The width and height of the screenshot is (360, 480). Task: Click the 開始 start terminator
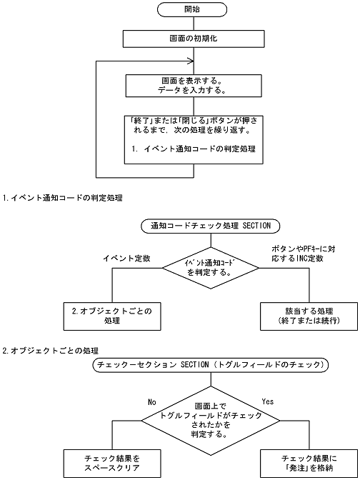pyautogui.click(x=190, y=11)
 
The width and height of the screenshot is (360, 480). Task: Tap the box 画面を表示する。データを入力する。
pyautogui.click(x=190, y=86)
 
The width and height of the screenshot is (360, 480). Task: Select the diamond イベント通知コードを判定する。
pyautogui.click(x=210, y=267)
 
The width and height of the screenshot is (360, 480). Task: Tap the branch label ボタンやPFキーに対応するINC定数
pyautogui.click(x=298, y=252)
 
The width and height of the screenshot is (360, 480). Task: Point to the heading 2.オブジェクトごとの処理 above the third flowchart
pyautogui.click(x=50, y=350)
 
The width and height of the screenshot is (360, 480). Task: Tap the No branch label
pyautogui.click(x=151, y=402)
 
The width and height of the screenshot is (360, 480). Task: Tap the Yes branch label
pyautogui.click(x=269, y=402)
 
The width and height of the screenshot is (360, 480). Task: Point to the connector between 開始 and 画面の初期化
pyautogui.click(x=190, y=24)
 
